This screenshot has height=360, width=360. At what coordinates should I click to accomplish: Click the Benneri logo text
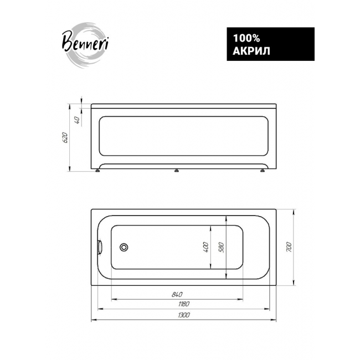point(85,43)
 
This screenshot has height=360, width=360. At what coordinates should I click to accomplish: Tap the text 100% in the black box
point(246,38)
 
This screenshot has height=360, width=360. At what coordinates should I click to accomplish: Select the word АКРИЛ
point(251,51)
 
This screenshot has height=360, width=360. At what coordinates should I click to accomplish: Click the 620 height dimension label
point(65,137)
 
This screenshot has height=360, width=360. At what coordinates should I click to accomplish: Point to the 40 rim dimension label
point(77,120)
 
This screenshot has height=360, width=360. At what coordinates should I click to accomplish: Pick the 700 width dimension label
point(289,247)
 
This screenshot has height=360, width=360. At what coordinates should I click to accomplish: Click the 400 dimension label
point(205,247)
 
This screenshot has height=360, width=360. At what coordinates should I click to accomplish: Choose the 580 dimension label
point(221,247)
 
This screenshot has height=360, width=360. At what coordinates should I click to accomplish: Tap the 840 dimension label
point(177,294)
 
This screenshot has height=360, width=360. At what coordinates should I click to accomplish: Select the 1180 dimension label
point(184,304)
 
